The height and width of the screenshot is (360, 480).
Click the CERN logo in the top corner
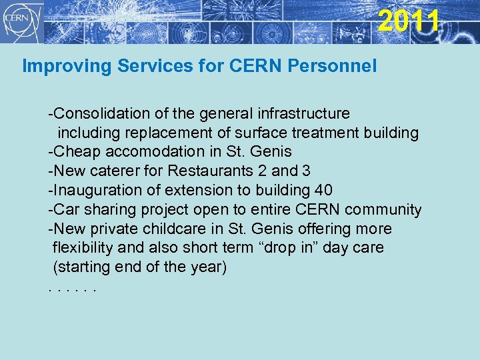(x=23, y=21)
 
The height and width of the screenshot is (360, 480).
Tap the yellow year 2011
(x=409, y=20)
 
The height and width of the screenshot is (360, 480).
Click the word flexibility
(x=81, y=248)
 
